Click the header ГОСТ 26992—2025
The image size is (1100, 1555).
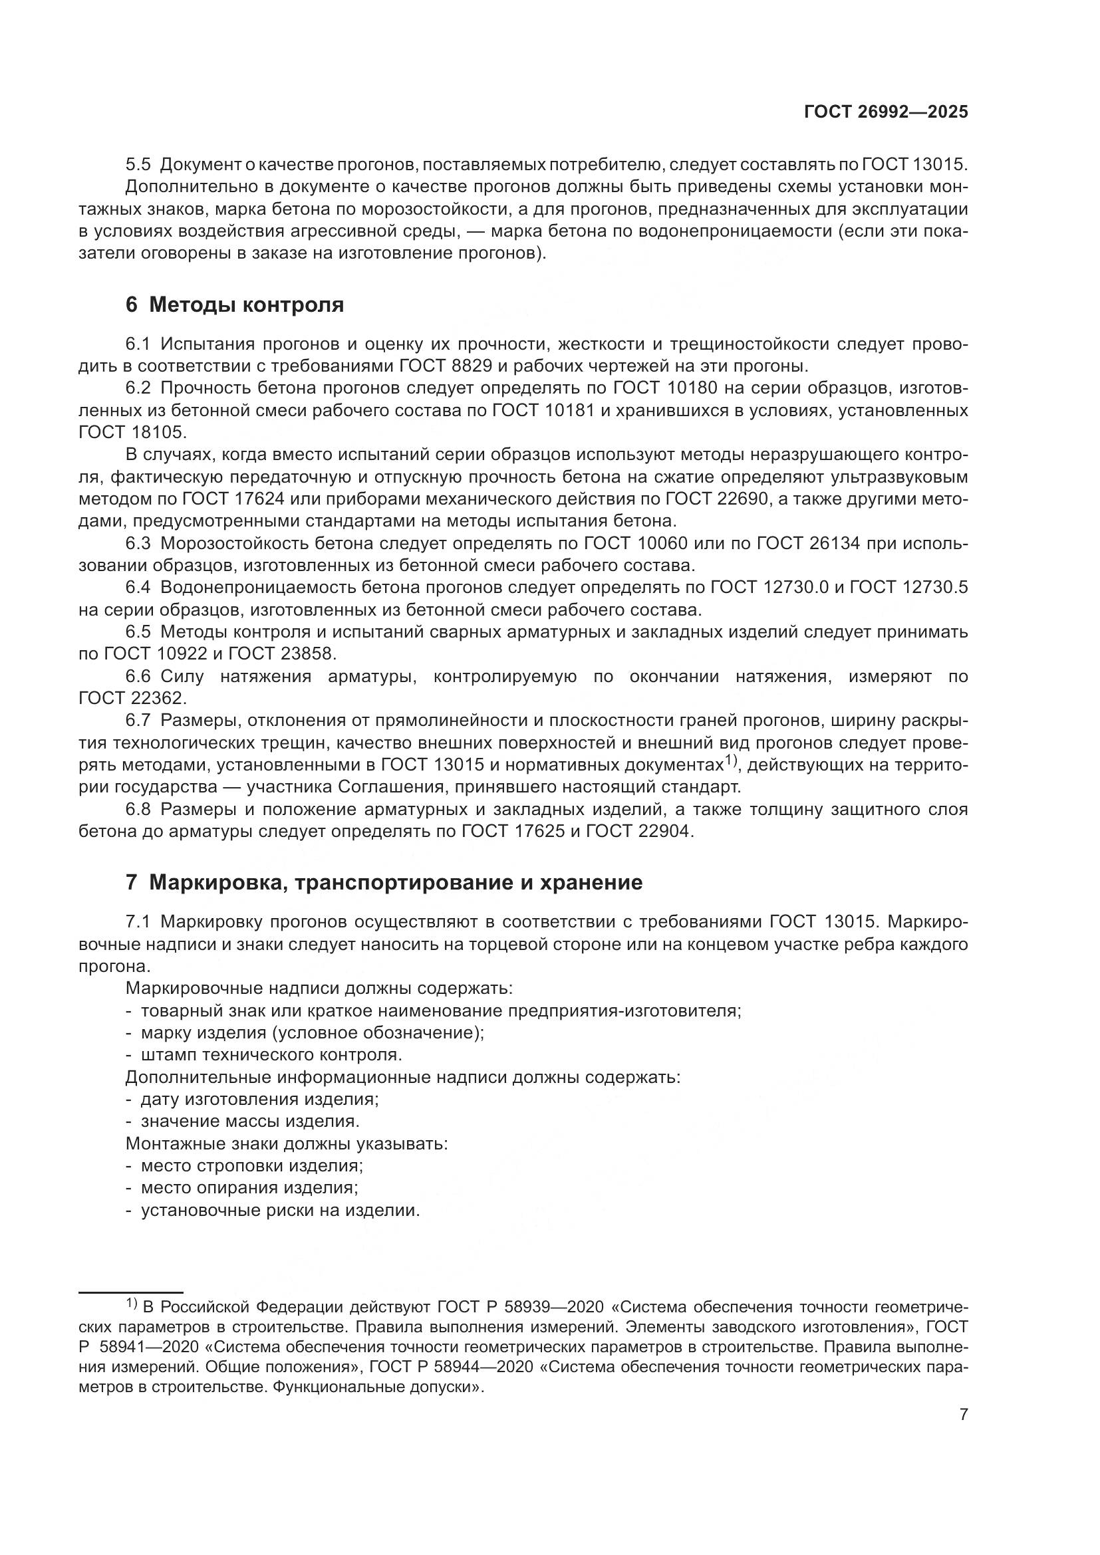[x=886, y=112]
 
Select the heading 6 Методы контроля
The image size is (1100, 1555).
[x=234, y=304]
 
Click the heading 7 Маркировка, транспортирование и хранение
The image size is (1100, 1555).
[x=383, y=882]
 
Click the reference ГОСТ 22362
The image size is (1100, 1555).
[x=132, y=697]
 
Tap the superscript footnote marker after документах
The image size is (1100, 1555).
[x=730, y=760]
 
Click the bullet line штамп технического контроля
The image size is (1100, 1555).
[x=271, y=1054]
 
